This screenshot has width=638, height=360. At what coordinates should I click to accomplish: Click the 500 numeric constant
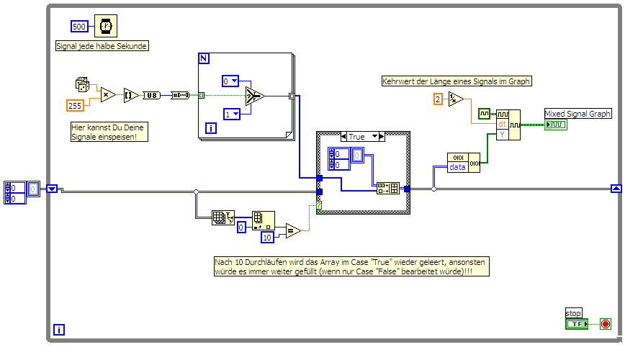[x=79, y=27]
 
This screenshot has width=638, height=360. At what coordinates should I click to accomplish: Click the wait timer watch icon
[x=106, y=26]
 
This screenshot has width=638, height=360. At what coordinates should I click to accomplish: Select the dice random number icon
[x=82, y=85]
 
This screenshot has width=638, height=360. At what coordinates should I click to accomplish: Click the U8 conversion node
[x=152, y=95]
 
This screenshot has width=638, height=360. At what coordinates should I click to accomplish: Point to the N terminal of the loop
[x=204, y=59]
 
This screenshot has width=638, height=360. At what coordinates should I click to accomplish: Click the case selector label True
[x=357, y=136]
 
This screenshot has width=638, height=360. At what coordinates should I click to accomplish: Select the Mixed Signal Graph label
[x=578, y=113]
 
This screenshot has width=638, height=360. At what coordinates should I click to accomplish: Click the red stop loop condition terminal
[x=605, y=324]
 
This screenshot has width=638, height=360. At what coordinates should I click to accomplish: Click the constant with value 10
[x=266, y=237]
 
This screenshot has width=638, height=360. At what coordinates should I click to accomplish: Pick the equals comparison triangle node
[x=292, y=231]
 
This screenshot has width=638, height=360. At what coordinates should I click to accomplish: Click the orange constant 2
[x=438, y=99]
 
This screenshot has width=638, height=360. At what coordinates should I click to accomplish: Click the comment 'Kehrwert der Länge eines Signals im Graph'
[x=456, y=81]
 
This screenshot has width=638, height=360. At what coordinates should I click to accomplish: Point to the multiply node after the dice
[x=107, y=94]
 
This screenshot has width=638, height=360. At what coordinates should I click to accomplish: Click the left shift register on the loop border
[x=52, y=189]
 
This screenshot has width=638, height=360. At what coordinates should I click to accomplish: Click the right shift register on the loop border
[x=616, y=189]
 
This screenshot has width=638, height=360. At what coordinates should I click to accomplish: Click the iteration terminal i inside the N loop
[x=211, y=128]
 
